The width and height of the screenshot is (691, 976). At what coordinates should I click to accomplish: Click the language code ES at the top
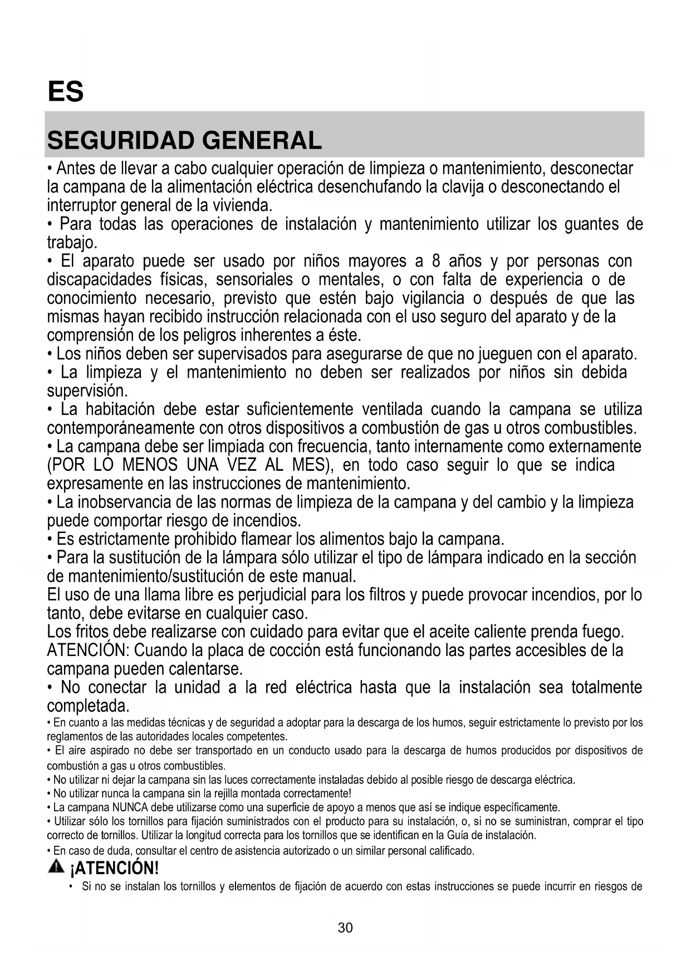[x=65, y=92]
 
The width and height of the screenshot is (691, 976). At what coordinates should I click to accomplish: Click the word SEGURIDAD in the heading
[x=121, y=140]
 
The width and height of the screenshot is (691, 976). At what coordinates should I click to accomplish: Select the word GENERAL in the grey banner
[x=262, y=140]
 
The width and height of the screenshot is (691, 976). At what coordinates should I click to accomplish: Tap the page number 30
[x=345, y=928]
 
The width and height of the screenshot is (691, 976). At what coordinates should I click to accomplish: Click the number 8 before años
[x=437, y=261]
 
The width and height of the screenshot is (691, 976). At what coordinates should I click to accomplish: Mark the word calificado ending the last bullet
[x=452, y=851]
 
